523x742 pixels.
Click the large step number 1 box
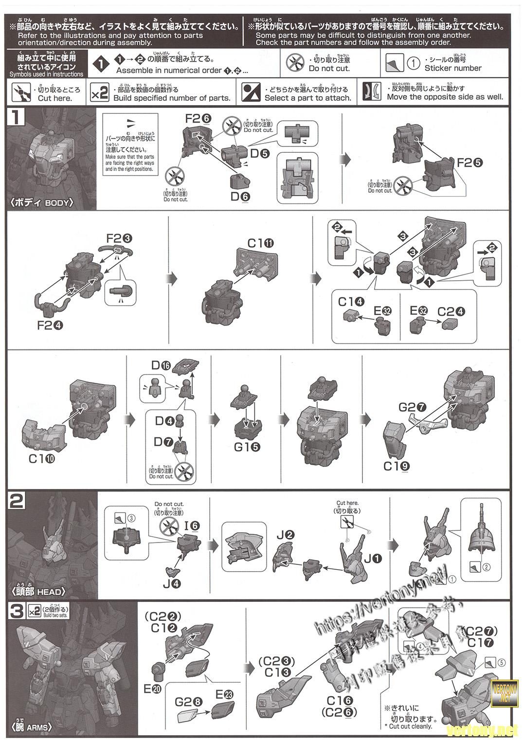click(16, 118)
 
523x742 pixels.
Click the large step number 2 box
click(17, 501)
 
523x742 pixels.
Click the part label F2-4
click(50, 325)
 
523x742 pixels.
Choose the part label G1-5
click(247, 446)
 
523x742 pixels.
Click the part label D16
click(161, 365)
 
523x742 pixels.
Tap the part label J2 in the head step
click(286, 535)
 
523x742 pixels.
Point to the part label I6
click(192, 525)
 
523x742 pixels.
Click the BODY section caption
click(42, 202)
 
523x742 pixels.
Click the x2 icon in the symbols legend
click(99, 93)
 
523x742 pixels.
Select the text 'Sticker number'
click(452, 68)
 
